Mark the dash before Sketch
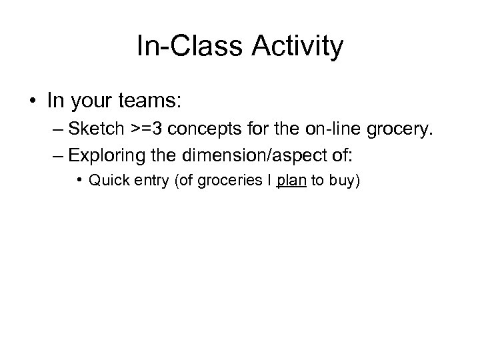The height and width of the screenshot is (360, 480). coord(59,129)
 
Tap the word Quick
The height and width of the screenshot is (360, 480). coord(105,180)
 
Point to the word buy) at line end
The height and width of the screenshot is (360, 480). coord(343,180)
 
